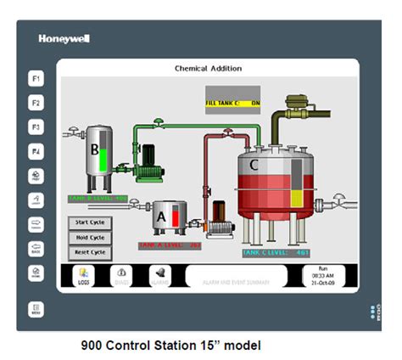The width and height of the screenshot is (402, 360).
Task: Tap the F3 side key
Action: (36, 127)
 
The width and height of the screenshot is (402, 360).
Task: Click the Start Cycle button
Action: (89, 222)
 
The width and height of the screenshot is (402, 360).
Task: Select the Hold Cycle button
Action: (89, 238)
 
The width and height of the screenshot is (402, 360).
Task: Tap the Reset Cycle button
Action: (89, 252)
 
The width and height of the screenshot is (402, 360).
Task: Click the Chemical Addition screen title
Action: (208, 69)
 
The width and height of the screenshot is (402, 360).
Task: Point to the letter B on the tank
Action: (95, 150)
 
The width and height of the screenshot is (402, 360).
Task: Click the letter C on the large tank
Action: (253, 165)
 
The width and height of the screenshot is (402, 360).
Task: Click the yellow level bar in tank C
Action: (298, 199)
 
